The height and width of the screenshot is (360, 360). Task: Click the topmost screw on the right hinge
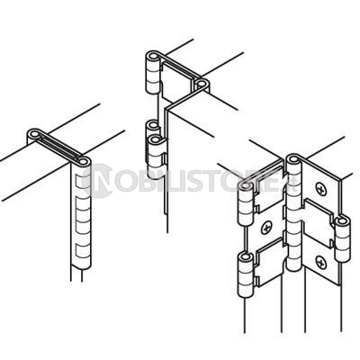click(x=321, y=189)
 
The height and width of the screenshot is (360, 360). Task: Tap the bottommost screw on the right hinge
click(x=321, y=263)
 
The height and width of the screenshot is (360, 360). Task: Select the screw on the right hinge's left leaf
click(x=266, y=229)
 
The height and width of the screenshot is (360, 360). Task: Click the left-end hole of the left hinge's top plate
click(x=35, y=134)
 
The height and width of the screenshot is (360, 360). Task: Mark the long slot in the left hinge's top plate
click(x=59, y=148)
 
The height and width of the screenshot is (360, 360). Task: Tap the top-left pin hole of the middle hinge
click(x=153, y=57)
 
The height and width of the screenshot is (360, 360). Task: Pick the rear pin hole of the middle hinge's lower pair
click(x=153, y=124)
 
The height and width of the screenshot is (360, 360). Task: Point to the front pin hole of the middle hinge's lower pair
click(x=156, y=139)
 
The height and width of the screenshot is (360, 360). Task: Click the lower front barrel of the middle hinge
click(x=156, y=159)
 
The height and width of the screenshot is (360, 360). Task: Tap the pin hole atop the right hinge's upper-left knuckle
click(x=246, y=187)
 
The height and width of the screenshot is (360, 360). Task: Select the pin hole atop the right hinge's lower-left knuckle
click(x=247, y=257)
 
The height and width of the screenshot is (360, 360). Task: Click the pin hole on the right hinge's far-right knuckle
click(x=342, y=221)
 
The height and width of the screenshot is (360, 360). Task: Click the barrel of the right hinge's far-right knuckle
click(x=342, y=242)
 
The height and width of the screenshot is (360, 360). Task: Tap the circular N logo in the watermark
click(x=97, y=181)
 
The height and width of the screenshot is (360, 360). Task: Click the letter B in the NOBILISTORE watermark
click(x=143, y=182)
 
